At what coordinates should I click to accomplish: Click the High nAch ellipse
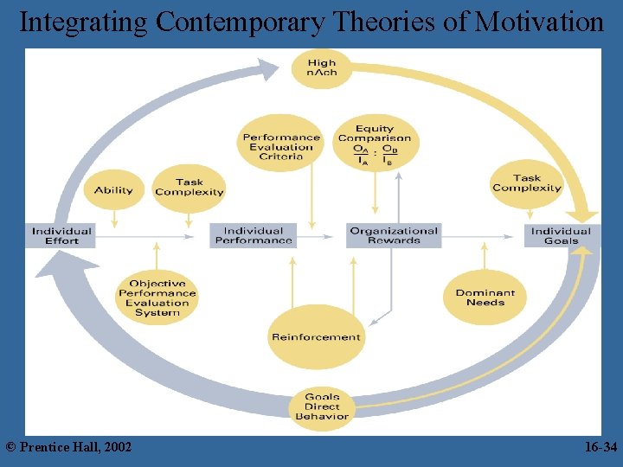pos(322,67)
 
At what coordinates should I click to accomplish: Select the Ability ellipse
pos(114,189)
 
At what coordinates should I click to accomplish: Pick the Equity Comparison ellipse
pos(375,144)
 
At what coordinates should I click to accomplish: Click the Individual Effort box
pos(61,235)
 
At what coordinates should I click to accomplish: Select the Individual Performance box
pos(253,235)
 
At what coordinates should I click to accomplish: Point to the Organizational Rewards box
pos(394,235)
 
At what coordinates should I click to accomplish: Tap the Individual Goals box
pos(561,235)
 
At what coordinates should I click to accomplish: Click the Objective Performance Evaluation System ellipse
pos(157,297)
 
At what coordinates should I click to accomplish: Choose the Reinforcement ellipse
pos(316,336)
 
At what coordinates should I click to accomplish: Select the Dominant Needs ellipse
pos(485,297)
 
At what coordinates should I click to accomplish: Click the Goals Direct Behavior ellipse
pos(322,406)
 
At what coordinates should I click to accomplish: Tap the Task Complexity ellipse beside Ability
pos(189,188)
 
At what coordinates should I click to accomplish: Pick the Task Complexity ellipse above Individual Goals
pos(527,183)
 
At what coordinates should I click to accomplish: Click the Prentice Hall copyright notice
pos(69,447)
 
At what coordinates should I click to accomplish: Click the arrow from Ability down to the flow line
pos(114,221)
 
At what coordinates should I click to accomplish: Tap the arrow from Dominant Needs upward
pos(485,258)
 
